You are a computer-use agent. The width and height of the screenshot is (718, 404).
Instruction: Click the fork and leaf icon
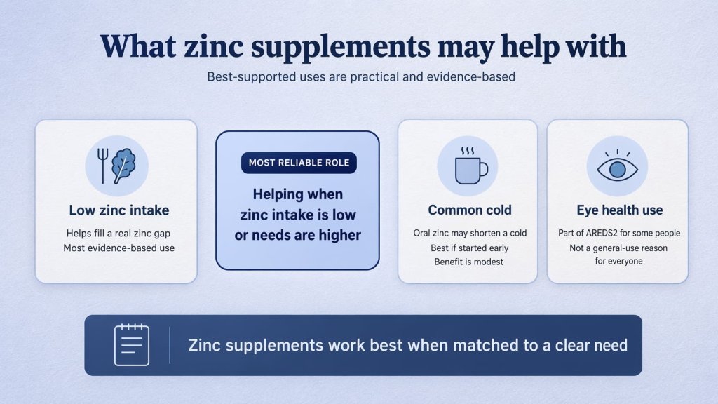pos(116,166)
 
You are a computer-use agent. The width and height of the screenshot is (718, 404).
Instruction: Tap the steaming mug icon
pos(468,166)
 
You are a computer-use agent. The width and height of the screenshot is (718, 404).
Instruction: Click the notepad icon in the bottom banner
pos(132,344)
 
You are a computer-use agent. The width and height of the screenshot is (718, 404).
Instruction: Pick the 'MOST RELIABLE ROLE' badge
pos(297,163)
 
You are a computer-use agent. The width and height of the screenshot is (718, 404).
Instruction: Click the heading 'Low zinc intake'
pos(118,210)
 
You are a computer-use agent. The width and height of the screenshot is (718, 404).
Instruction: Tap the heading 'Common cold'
pos(470,210)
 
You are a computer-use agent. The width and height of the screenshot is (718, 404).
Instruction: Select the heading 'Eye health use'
pos(619,210)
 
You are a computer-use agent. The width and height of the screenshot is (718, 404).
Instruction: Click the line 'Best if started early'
pos(470,248)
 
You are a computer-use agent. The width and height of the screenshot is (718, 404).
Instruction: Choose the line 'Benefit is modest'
pos(470,262)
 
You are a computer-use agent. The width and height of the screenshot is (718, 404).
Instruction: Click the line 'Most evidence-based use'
pos(118,248)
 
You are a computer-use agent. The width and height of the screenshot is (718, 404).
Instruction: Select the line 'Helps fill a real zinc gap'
pos(118,234)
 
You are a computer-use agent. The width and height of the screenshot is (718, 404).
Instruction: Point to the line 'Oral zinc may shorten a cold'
pos(470,233)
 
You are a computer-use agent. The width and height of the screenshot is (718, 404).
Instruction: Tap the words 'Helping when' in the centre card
pos(297,194)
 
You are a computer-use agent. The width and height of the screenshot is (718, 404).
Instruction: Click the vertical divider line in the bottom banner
pos(170,344)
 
